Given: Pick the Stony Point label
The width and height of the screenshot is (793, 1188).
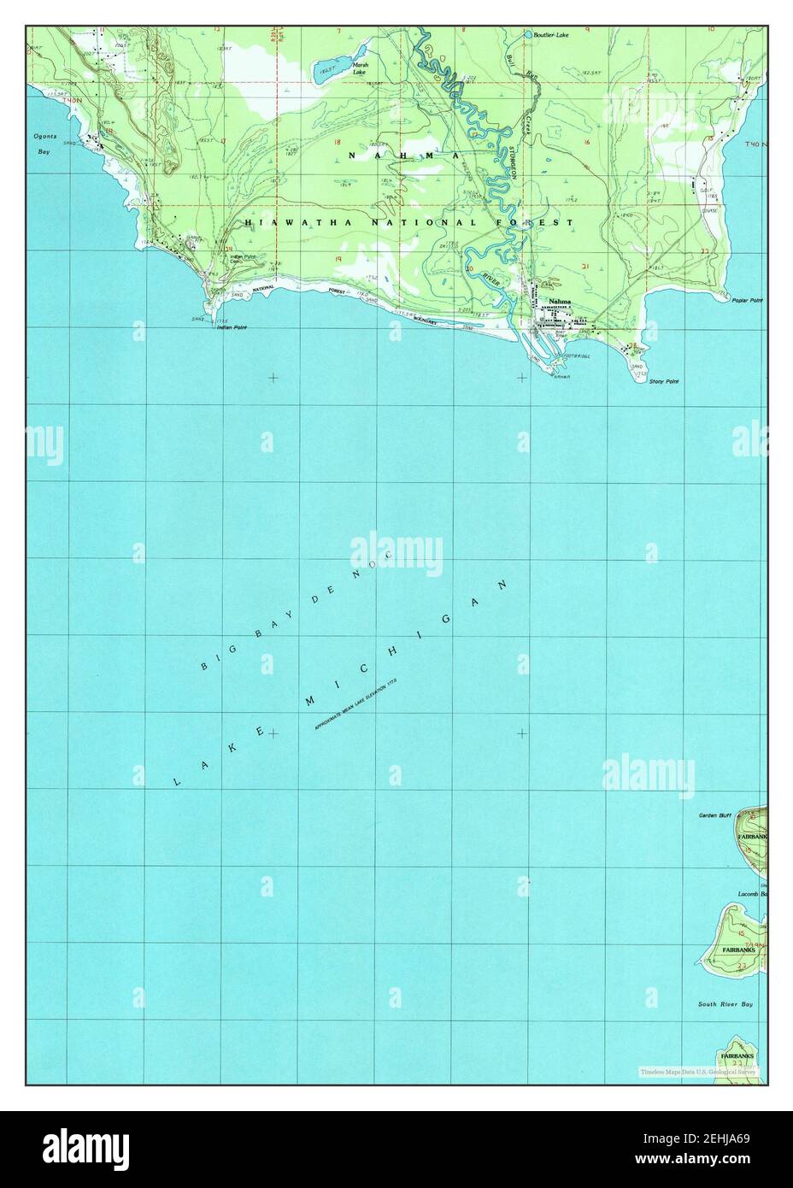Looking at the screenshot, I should click(663, 381).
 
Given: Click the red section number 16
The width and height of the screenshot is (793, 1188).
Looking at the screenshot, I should click(587, 142).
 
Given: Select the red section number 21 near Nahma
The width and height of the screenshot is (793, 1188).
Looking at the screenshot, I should click(584, 267).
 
